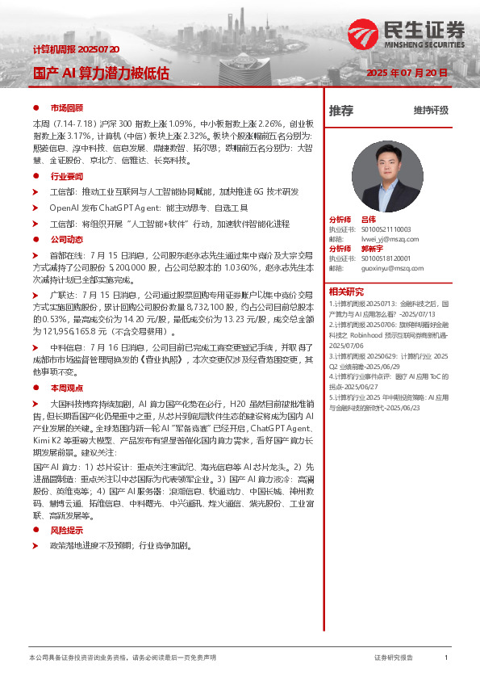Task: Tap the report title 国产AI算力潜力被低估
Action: tap(101, 73)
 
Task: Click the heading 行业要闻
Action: tap(67, 176)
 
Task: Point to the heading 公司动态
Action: tap(67, 240)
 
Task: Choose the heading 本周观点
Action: tap(67, 388)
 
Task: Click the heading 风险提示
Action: tap(67, 531)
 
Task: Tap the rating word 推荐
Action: tap(341, 111)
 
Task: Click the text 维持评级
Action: tap(431, 111)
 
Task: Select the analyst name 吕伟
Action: tap(368, 220)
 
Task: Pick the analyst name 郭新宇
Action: tap(371, 249)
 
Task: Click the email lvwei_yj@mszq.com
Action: tap(390, 239)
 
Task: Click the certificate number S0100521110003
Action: tap(391, 229)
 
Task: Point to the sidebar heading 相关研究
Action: tap(346, 291)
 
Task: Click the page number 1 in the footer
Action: tap(446, 658)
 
